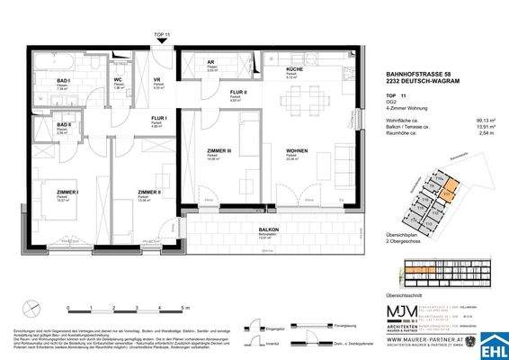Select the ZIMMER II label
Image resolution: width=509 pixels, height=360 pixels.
[x=150, y=193]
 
